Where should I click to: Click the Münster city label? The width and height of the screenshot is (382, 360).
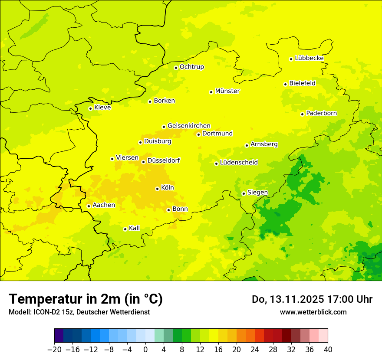tap(227, 91)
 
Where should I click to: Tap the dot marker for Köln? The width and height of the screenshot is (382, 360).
tap(157, 189)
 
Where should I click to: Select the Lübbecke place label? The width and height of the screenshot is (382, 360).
tap(309, 58)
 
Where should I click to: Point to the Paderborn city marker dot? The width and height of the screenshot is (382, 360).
tap(302, 114)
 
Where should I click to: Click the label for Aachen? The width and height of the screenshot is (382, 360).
tap(104, 205)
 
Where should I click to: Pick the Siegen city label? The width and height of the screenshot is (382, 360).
tap(257, 193)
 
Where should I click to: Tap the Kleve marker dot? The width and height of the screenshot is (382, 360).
tap(90, 108)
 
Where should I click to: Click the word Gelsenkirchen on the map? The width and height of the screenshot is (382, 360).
tap(189, 126)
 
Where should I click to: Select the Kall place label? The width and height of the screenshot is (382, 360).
tap(135, 228)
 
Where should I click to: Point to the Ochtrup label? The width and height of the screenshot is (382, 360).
tap(191, 67)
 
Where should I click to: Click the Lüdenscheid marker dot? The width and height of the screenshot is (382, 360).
tap(216, 164)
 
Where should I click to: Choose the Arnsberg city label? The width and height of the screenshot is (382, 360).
tap(264, 144)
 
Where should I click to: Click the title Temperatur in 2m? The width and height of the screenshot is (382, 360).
tap(86, 299)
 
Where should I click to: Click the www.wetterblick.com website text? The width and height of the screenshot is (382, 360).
tap(313, 312)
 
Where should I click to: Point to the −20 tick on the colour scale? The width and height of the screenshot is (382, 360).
tap(54, 350)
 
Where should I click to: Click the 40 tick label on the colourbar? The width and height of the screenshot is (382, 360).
tap(328, 350)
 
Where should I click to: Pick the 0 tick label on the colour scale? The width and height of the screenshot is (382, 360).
tap(145, 350)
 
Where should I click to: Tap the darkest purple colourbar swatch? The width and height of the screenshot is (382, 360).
tap(59, 336)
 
